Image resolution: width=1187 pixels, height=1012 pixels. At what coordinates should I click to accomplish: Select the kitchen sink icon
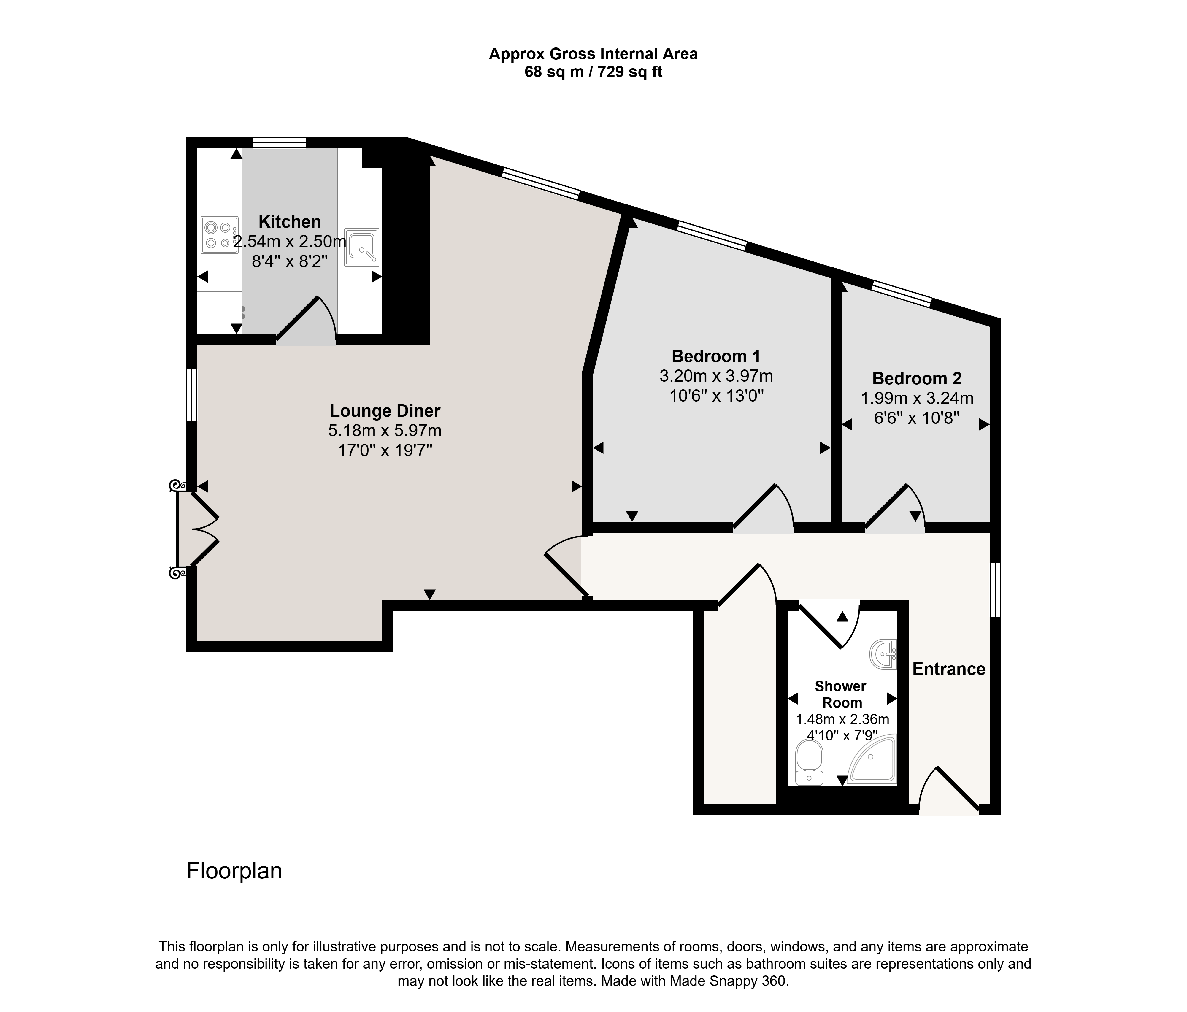point(361,248)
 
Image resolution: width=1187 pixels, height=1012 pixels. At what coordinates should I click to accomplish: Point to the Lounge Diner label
point(385,411)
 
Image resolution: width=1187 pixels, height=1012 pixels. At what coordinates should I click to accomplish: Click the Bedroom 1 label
point(716,356)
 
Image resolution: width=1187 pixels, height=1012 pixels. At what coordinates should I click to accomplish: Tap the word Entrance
point(949,669)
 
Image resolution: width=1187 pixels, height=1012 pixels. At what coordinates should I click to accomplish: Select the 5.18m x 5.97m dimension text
point(385,430)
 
